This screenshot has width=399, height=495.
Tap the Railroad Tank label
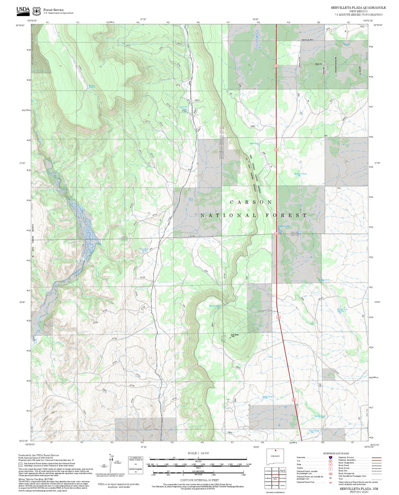[x=300, y=174]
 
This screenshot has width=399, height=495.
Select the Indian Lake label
[x=284, y=226]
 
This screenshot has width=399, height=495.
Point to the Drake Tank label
[x=267, y=397]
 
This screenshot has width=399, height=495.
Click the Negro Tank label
[x=314, y=431]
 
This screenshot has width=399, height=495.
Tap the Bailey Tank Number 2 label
[x=342, y=310]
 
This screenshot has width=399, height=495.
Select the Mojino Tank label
[x=214, y=306]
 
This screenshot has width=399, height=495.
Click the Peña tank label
[x=254, y=144]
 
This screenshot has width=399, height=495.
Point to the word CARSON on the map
[x=251, y=202]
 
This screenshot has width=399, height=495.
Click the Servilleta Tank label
[x=144, y=250]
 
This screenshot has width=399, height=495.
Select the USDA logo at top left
[x=23, y=10]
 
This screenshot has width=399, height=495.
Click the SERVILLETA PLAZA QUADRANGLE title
[x=358, y=8]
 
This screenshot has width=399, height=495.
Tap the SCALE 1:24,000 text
[x=198, y=453]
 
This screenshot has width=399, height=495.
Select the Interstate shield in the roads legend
[x=330, y=458]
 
